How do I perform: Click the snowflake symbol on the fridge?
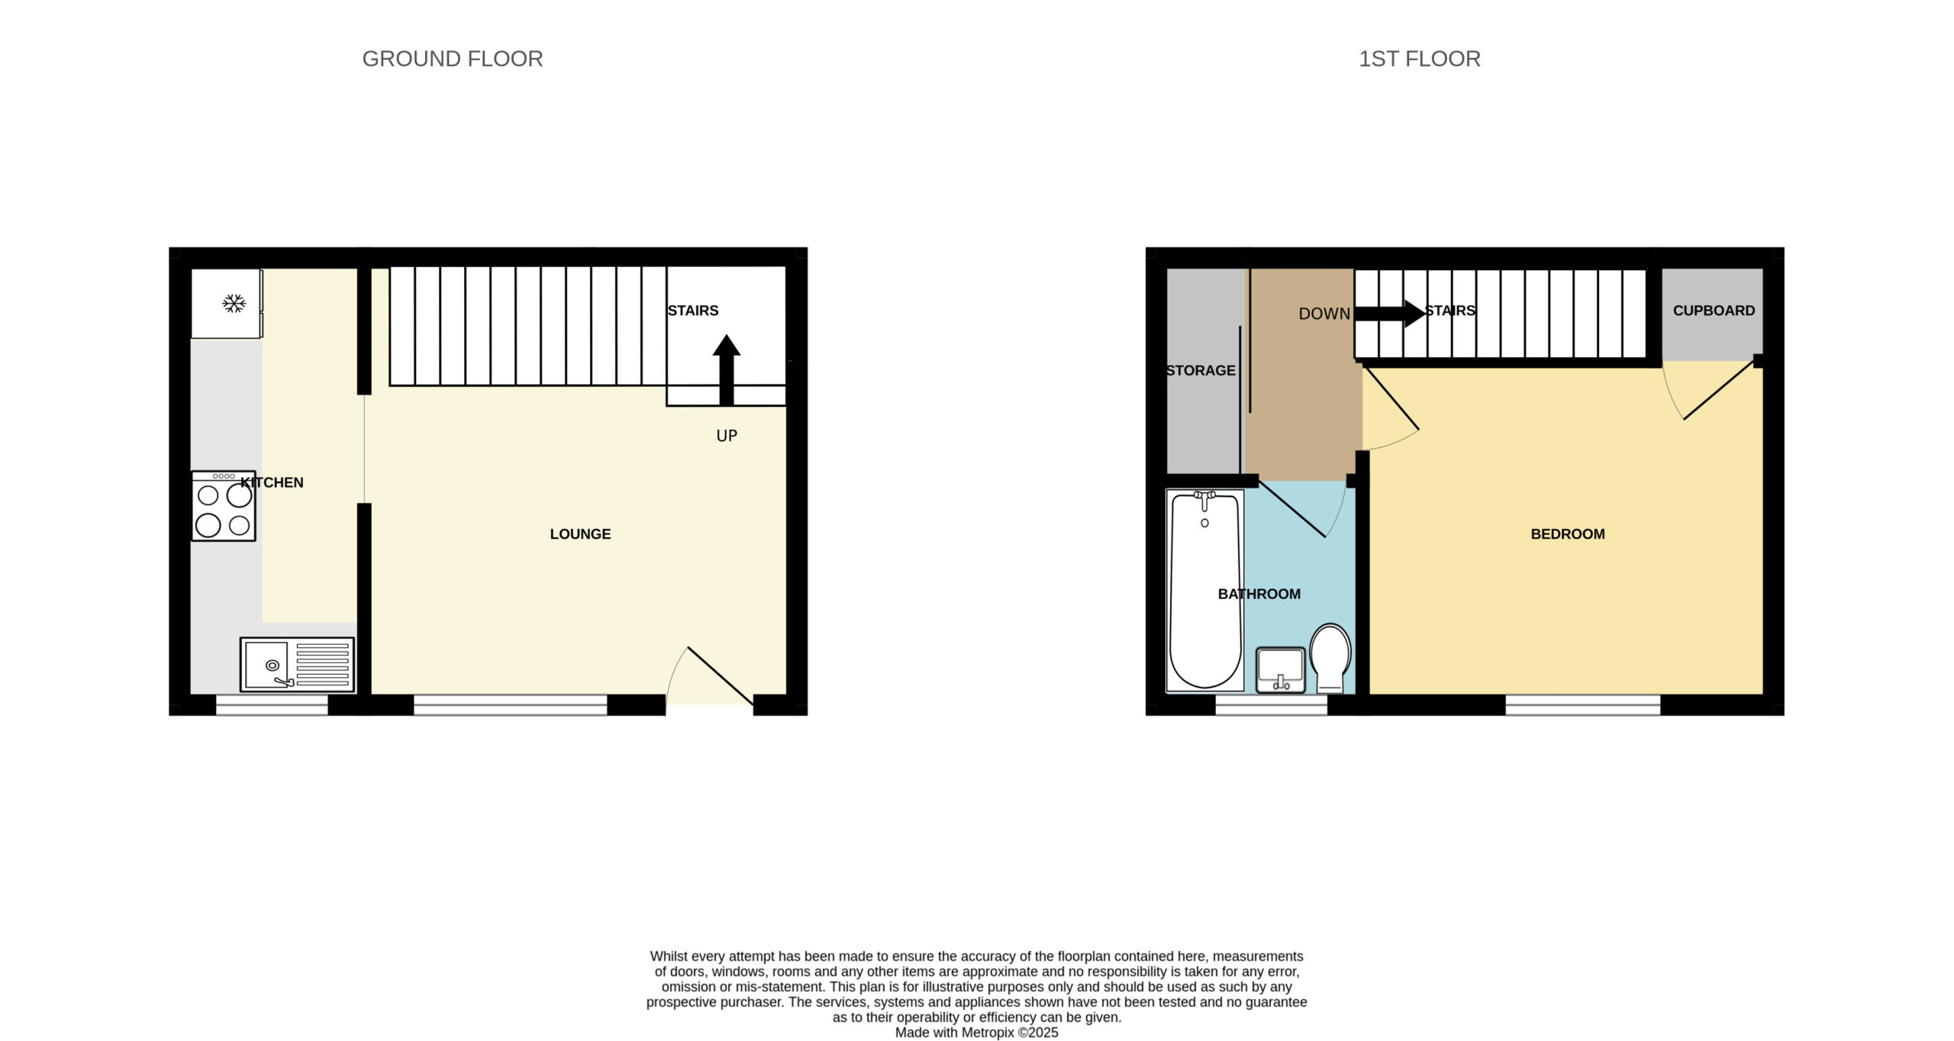(x=234, y=303)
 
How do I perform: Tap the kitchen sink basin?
(x=266, y=665)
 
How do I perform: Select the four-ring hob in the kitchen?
(x=223, y=506)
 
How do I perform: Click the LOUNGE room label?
(x=580, y=534)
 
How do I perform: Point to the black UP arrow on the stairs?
(x=727, y=370)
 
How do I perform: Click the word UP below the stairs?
(x=727, y=436)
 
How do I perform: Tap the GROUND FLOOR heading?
(x=453, y=59)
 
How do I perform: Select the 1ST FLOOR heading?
(x=1420, y=59)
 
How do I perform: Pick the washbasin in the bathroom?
(x=1281, y=669)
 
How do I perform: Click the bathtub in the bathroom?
(x=1205, y=590)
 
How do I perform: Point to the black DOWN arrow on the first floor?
(x=1389, y=313)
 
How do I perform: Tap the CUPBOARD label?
(x=1714, y=311)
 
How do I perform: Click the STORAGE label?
(x=1201, y=370)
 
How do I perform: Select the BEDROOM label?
(x=1568, y=534)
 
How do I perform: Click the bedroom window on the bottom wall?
(x=1582, y=704)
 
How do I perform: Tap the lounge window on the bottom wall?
(x=510, y=704)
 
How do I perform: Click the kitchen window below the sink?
(x=272, y=704)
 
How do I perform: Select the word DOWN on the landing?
(x=1324, y=314)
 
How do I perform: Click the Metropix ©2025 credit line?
(x=976, y=1033)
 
